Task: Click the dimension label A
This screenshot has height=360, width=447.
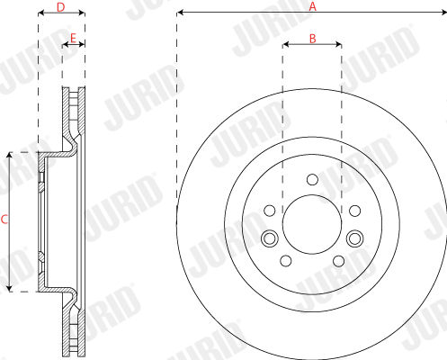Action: click(x=313, y=5)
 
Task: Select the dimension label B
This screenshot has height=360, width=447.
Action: click(x=312, y=37)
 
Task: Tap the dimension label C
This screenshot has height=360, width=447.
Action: click(x=4, y=219)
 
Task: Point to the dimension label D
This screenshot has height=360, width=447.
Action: click(x=60, y=7)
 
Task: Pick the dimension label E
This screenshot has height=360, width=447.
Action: click(x=73, y=37)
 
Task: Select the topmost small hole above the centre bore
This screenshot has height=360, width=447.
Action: click(x=311, y=179)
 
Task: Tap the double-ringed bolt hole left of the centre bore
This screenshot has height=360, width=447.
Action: click(x=269, y=238)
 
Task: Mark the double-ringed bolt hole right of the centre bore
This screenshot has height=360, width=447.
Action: click(x=353, y=238)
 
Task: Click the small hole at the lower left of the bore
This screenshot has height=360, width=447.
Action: click(x=285, y=261)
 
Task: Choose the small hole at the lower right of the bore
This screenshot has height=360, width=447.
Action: click(x=338, y=261)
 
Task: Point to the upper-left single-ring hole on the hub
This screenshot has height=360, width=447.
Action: click(x=269, y=211)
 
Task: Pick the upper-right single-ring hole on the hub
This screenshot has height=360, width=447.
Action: click(x=354, y=211)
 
